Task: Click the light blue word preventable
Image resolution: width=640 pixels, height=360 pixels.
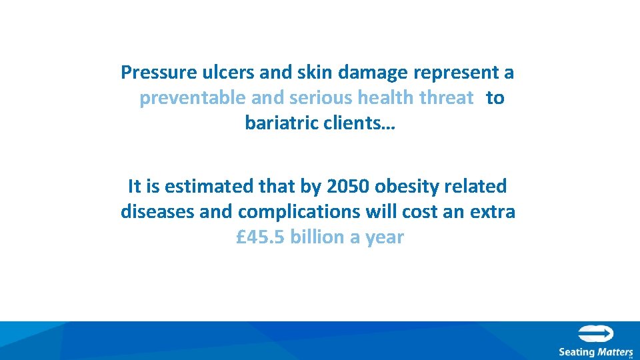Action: [193, 99]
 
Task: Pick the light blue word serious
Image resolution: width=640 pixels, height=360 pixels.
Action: [322, 99]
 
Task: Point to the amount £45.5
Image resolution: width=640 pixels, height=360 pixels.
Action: [261, 237]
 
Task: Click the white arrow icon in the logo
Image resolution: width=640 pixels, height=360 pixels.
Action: [595, 334]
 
